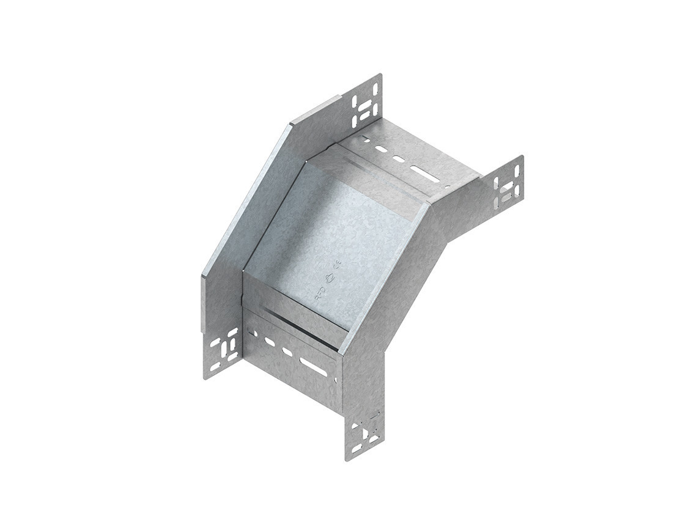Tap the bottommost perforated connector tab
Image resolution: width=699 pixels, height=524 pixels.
(366, 435)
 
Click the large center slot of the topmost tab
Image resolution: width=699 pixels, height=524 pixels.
(366, 107)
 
